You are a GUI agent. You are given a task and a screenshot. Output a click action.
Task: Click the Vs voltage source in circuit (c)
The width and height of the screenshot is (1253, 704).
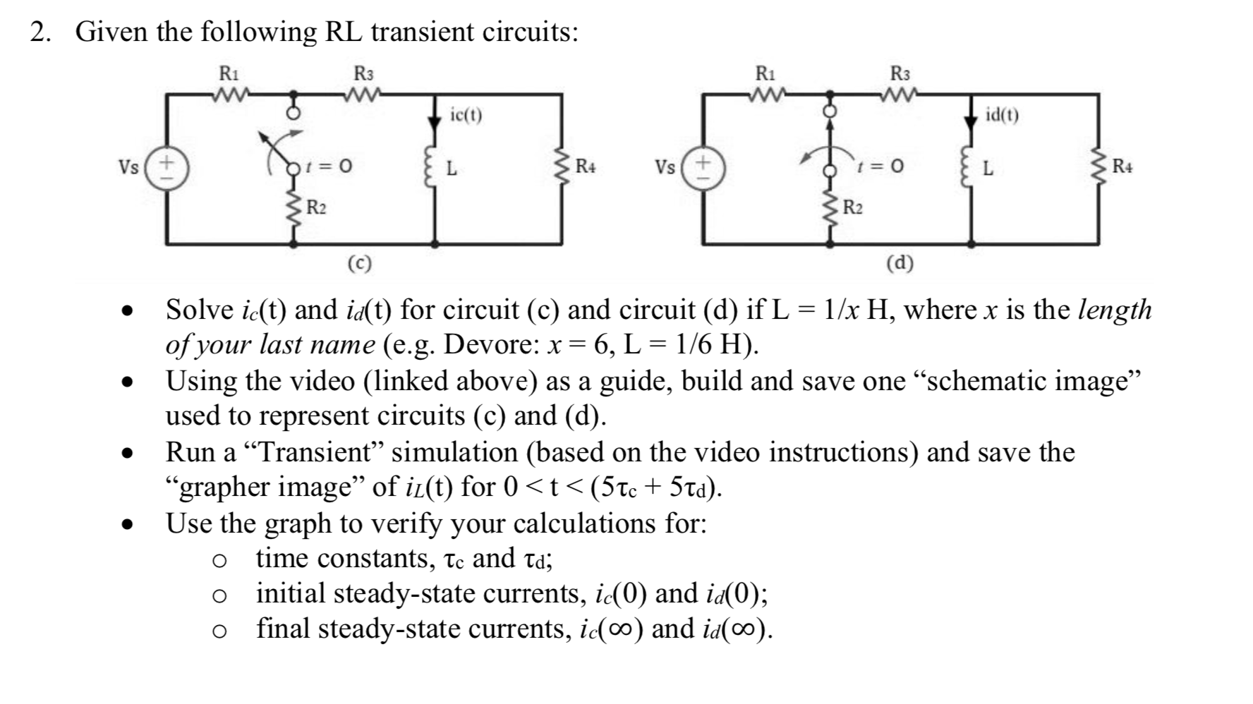tap(167, 169)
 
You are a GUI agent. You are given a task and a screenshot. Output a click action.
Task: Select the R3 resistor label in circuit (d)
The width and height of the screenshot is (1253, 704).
tap(900, 73)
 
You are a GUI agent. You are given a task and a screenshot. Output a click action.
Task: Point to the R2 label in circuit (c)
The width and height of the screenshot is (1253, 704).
tap(316, 208)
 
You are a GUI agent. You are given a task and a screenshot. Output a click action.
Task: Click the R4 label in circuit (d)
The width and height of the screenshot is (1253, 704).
tap(1122, 167)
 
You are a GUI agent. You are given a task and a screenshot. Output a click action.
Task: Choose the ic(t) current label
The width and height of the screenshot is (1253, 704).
tap(466, 114)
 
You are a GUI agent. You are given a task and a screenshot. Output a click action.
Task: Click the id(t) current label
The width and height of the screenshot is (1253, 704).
tap(1002, 114)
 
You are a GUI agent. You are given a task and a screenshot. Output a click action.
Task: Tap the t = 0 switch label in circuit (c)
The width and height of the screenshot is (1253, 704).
tap(327, 166)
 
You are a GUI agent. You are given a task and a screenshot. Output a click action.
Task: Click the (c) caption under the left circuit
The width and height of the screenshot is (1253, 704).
tap(360, 263)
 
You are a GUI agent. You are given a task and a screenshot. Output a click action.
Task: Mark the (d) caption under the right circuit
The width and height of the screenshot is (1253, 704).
tap(900, 263)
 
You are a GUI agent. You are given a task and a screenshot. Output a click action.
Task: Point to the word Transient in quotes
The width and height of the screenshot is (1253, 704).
tap(316, 452)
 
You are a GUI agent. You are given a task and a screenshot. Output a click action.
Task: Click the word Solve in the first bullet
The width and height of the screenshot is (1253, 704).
tap(200, 310)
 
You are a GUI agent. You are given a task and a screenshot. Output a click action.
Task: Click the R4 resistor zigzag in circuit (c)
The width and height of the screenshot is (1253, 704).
tap(562, 168)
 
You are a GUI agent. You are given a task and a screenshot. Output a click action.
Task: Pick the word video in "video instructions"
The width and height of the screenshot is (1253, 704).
tap(728, 452)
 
